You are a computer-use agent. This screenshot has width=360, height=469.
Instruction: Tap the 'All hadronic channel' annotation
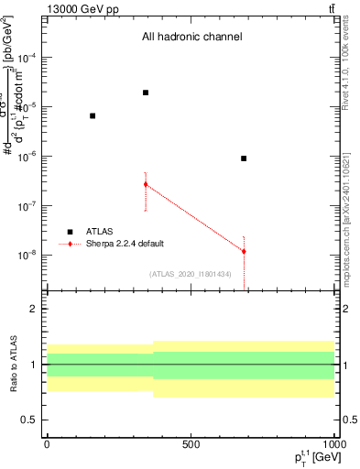point(191,38)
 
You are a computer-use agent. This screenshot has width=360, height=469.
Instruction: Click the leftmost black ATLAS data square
point(93,115)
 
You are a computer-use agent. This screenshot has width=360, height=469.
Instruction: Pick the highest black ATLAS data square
point(146,93)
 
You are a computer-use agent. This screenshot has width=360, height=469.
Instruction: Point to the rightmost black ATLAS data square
point(244,158)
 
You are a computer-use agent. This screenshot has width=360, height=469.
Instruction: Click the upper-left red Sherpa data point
point(146,184)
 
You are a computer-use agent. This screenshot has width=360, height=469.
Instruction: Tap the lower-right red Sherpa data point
point(244,251)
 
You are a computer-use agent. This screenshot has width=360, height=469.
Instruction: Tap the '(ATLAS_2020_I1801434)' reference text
point(191,274)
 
